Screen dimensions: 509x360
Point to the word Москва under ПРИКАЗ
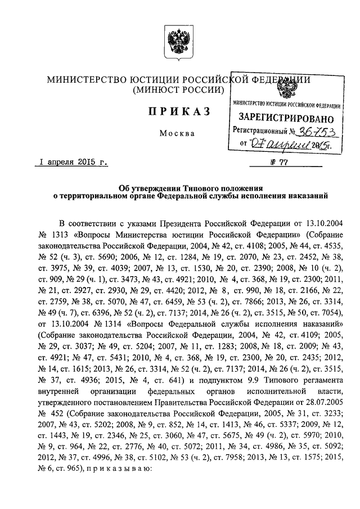(177, 134)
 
